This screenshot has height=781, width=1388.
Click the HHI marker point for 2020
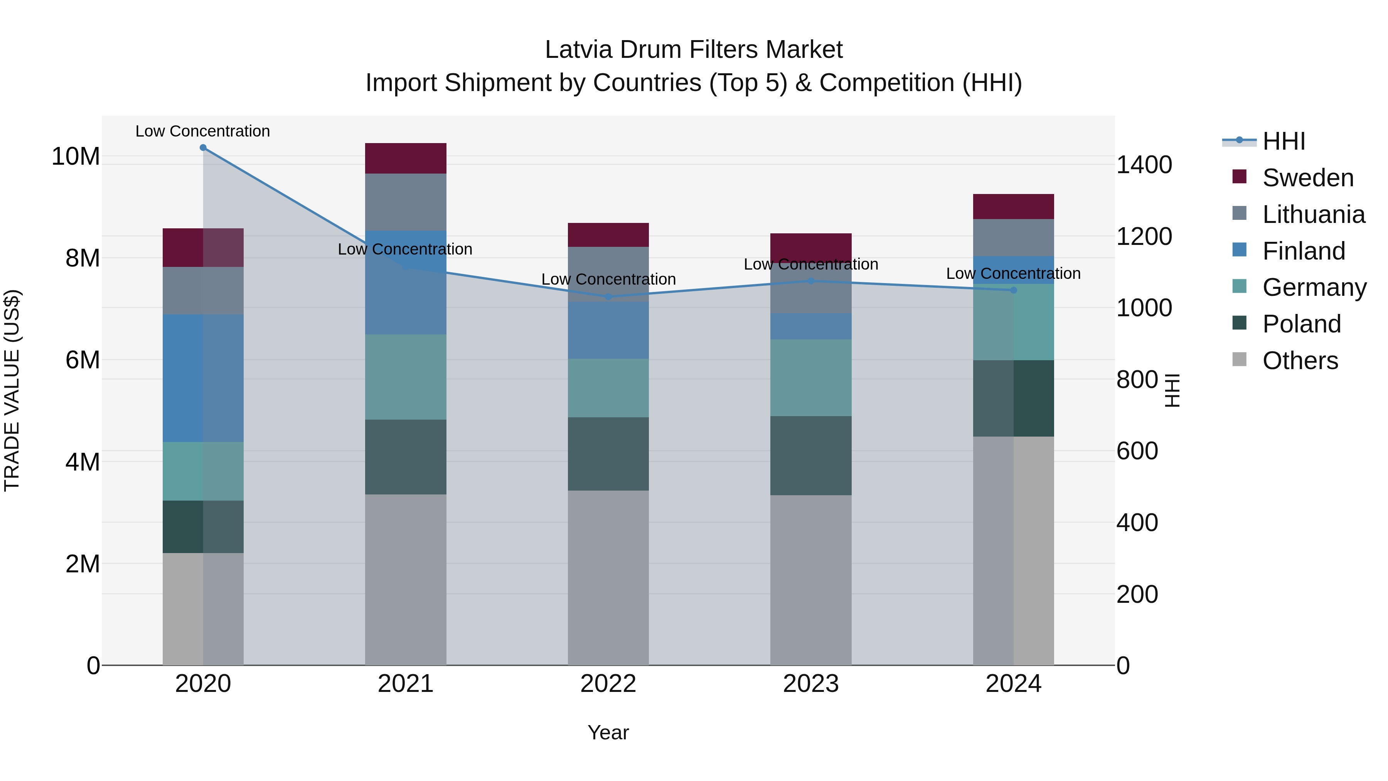pyautogui.click(x=203, y=148)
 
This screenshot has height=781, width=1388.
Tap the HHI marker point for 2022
pyautogui.click(x=608, y=297)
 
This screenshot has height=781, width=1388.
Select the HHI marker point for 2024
pyautogui.click(x=1014, y=290)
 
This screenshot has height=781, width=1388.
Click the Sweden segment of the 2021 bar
pyautogui.click(x=406, y=159)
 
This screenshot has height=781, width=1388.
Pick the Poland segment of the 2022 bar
pyautogui.click(x=608, y=454)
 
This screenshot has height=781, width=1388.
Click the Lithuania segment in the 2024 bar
pyautogui.click(x=1014, y=237)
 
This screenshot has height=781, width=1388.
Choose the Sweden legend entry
pyautogui.click(x=1308, y=178)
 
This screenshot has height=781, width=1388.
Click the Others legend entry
pyautogui.click(x=1300, y=361)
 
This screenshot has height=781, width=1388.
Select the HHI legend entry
pyautogui.click(x=1284, y=141)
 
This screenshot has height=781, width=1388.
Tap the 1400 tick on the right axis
pyautogui.click(x=1144, y=165)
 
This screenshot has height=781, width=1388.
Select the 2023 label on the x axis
pyautogui.click(x=811, y=684)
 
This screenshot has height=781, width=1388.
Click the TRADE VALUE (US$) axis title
pyautogui.click(x=12, y=390)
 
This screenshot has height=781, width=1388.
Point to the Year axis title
pyautogui.click(x=608, y=732)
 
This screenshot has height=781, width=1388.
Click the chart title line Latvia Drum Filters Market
pyautogui.click(x=694, y=50)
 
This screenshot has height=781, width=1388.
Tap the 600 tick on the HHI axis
pyautogui.click(x=1137, y=451)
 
